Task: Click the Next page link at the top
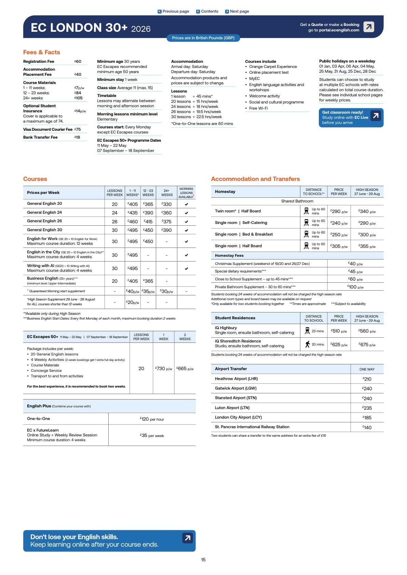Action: pos(237,11)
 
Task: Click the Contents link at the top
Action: pos(207,11)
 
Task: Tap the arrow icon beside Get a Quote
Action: pos(369,27)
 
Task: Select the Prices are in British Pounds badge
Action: pos(203,38)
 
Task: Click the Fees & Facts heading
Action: pos(42,52)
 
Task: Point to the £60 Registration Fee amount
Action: pos(78,61)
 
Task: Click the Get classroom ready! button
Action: pos(351,117)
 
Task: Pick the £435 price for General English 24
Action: pos(132,213)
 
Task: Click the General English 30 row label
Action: pos(45,230)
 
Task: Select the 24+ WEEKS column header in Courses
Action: pos(167,193)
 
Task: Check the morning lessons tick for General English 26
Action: pos(186,222)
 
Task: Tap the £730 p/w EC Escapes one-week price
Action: pos(164,369)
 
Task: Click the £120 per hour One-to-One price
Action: pos(152,419)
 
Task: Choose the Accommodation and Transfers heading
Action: pos(255,179)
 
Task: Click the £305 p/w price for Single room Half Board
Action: pos(339,246)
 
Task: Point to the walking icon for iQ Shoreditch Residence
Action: pos(308,344)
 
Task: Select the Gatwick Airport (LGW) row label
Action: pos(236,388)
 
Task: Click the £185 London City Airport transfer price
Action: pos(367,418)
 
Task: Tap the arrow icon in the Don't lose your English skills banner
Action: pos(188,538)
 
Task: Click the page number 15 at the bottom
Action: pos(203,560)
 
